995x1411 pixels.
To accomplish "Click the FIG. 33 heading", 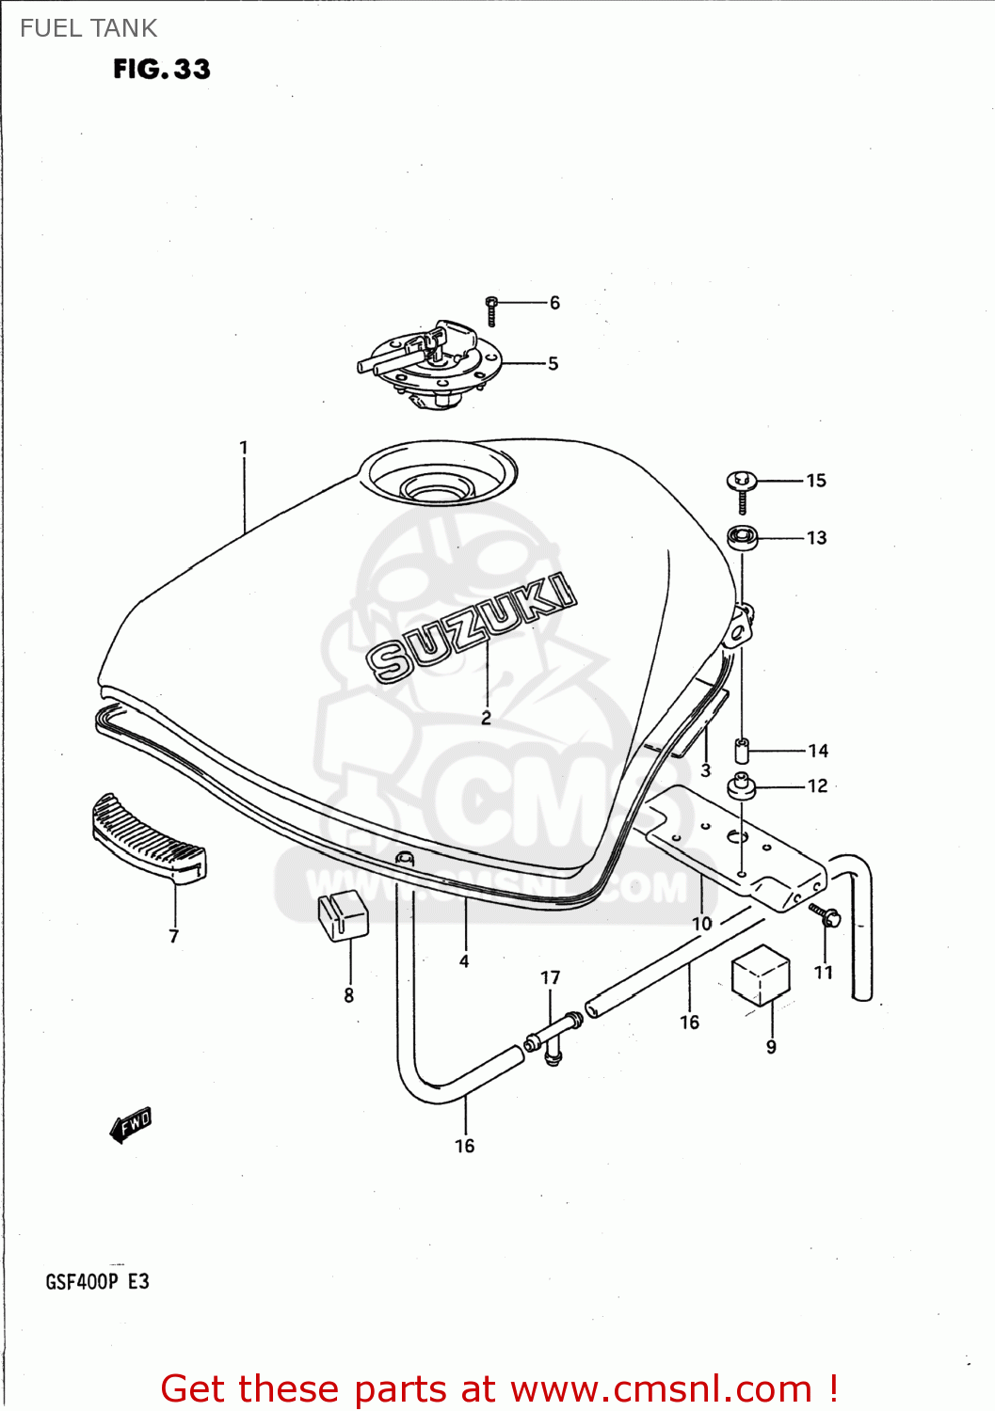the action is [162, 69].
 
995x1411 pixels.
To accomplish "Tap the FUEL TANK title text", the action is [88, 28].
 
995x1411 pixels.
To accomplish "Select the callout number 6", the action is [554, 303].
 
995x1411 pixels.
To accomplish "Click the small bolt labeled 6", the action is [491, 309].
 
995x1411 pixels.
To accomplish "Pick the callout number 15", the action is [816, 481].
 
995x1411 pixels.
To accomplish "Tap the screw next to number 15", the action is [742, 489].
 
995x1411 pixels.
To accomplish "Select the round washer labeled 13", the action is [743, 538].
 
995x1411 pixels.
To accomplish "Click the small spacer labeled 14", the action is [741, 752].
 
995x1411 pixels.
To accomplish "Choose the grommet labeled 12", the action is [742, 785].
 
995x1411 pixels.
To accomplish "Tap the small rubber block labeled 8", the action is [343, 914].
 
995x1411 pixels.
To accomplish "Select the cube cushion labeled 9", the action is [761, 975].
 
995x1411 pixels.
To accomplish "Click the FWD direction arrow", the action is [130, 1124].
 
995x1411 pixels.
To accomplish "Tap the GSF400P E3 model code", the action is [97, 1282].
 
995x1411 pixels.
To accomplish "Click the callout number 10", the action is [702, 924].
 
